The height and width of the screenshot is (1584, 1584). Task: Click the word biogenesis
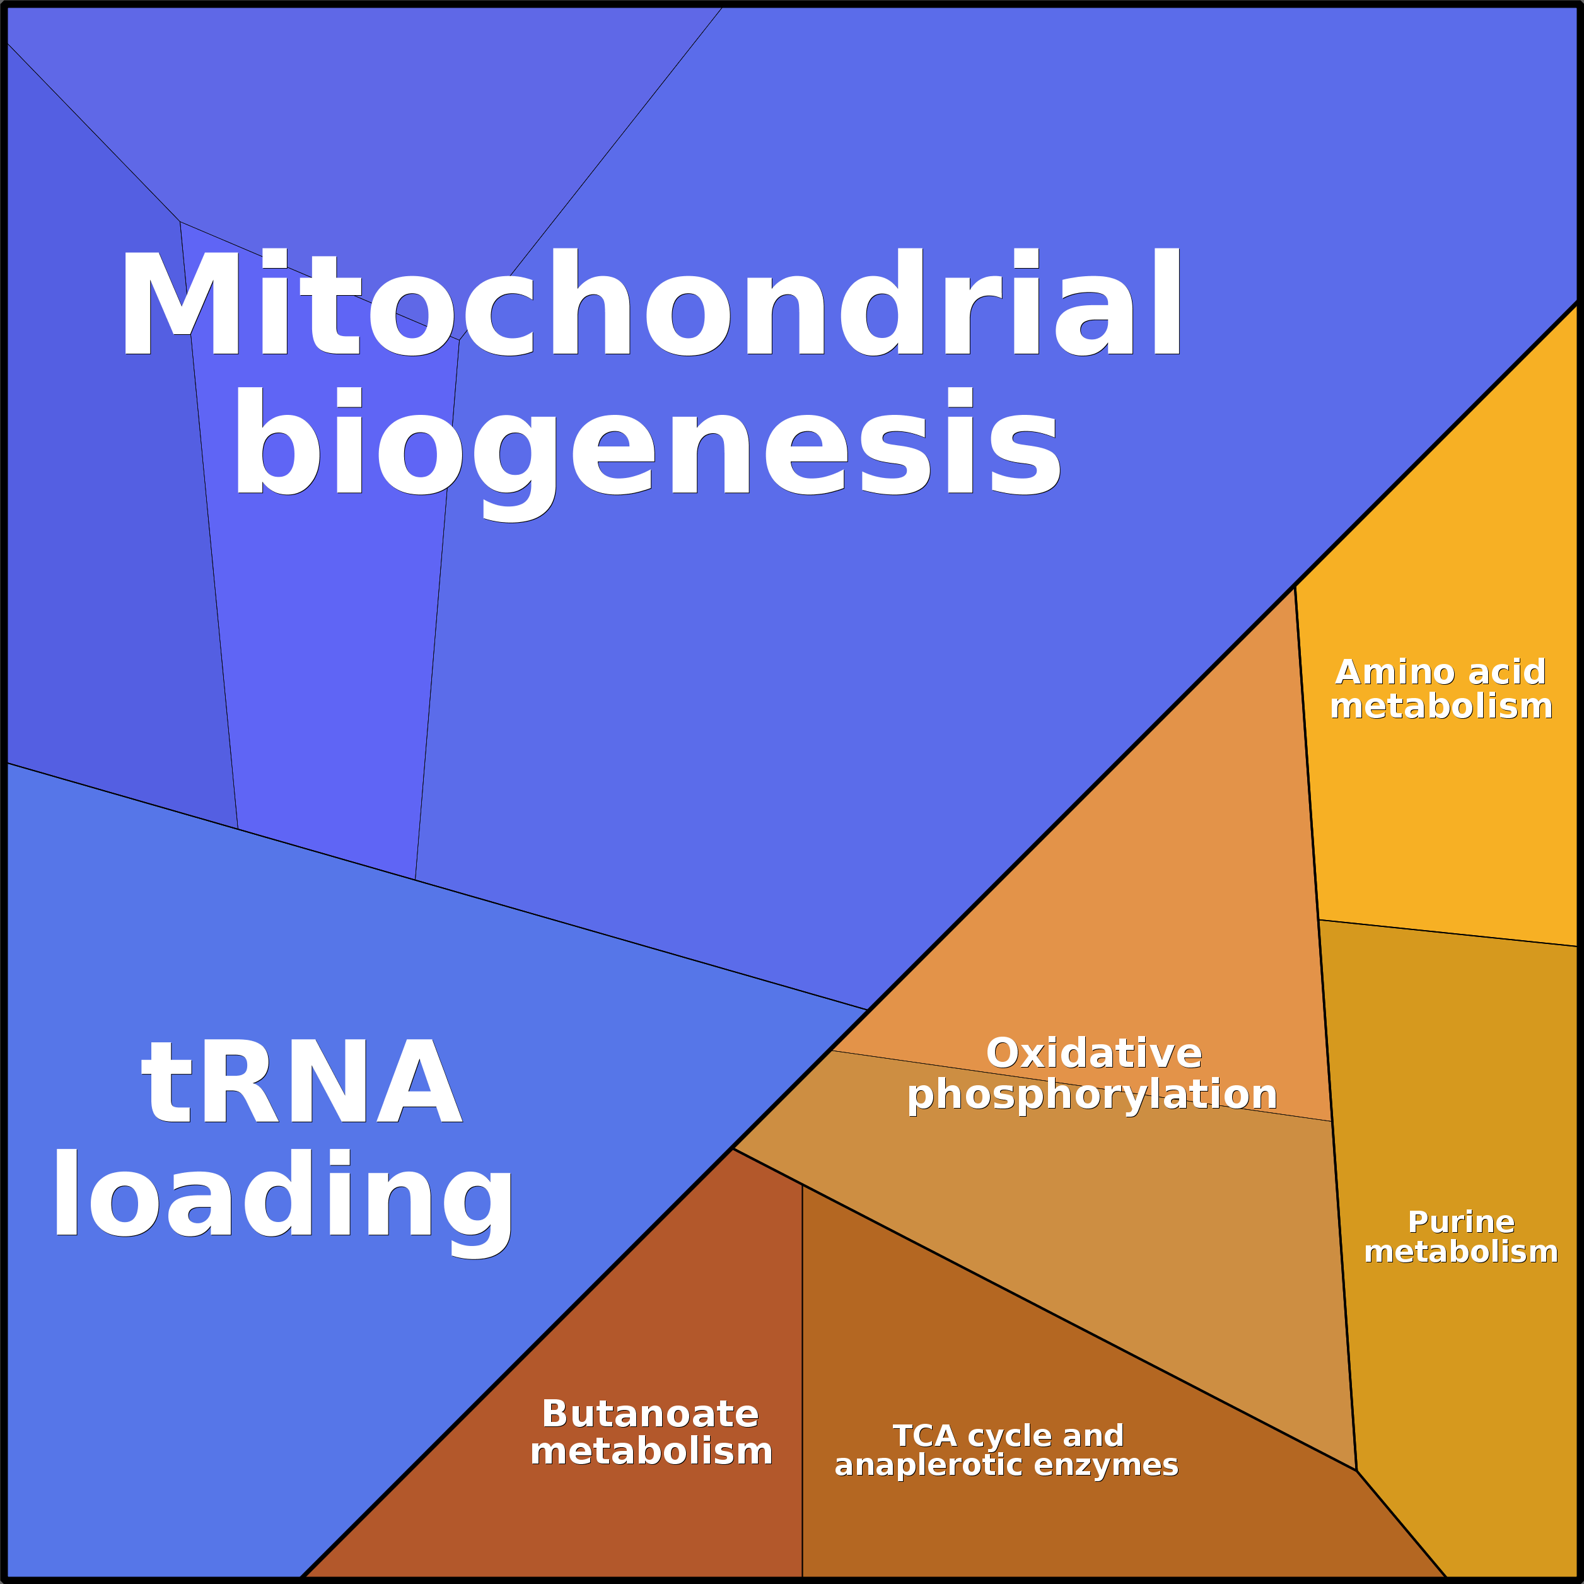coord(648,443)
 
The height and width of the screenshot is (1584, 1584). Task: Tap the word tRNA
coord(301,1082)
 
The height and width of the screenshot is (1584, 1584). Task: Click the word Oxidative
coord(1093,1054)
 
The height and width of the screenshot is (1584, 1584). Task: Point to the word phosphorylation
coord(1092,1095)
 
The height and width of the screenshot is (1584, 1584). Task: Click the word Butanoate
coord(650,1414)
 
